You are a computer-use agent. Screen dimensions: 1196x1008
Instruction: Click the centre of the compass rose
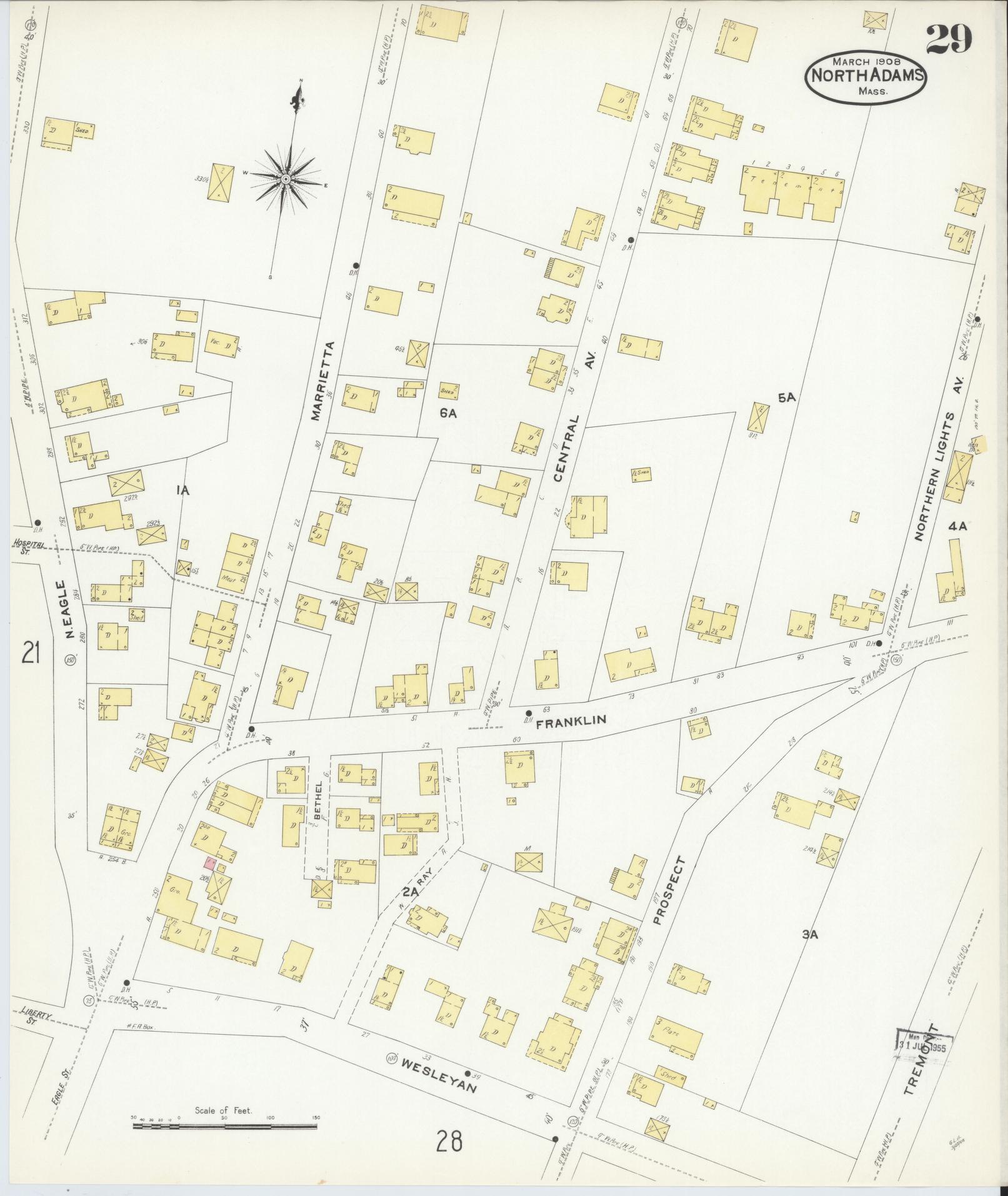coord(286,179)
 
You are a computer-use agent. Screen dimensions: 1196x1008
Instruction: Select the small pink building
coord(209,864)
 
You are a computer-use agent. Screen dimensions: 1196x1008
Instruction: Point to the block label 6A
coord(448,413)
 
